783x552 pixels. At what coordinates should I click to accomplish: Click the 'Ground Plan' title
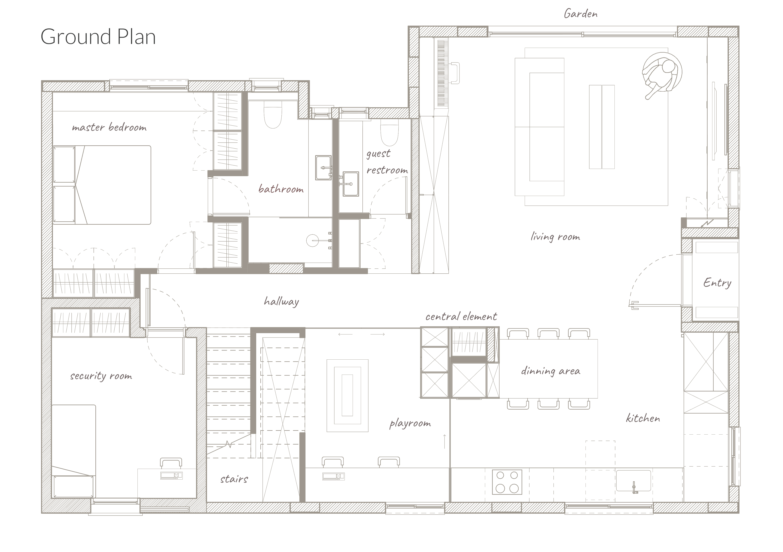[x=98, y=37]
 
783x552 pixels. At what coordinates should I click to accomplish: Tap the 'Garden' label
[x=581, y=14]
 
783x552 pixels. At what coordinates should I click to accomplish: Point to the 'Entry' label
[x=717, y=283]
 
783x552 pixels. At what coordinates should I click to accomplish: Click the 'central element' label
[x=461, y=316]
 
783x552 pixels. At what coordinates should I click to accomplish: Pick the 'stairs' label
[x=234, y=479]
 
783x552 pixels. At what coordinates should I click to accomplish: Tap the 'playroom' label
[x=410, y=424]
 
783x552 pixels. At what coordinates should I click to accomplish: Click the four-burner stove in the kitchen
[x=507, y=482]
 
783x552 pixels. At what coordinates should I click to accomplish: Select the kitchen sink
[x=633, y=481]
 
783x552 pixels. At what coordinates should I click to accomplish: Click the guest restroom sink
[x=351, y=184]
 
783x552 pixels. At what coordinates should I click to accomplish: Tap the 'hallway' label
[x=281, y=301]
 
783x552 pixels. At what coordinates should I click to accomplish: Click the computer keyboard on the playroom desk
[x=333, y=476]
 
